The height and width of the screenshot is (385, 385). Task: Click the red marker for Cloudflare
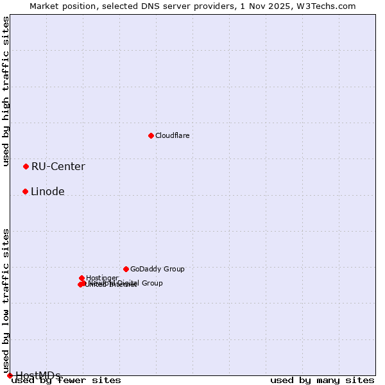click(151, 135)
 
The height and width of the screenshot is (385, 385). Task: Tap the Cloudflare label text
click(172, 135)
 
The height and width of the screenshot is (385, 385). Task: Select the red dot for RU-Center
click(26, 166)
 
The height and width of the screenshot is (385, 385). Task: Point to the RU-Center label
click(58, 167)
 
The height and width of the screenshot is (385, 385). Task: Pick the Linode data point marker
click(25, 191)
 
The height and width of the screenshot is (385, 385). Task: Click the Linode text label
click(47, 192)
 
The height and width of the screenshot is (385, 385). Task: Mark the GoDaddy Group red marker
click(126, 269)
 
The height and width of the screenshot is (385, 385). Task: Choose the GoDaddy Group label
click(157, 269)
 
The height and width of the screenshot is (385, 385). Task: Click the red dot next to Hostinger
click(81, 278)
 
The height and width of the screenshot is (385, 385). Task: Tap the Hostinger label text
click(103, 278)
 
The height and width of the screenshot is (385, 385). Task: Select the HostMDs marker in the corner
click(10, 375)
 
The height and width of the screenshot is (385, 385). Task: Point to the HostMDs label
click(38, 375)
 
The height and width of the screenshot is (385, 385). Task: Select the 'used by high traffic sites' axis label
click(6, 92)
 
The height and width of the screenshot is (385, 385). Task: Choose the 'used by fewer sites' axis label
click(66, 381)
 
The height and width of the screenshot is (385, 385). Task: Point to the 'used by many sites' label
click(322, 381)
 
